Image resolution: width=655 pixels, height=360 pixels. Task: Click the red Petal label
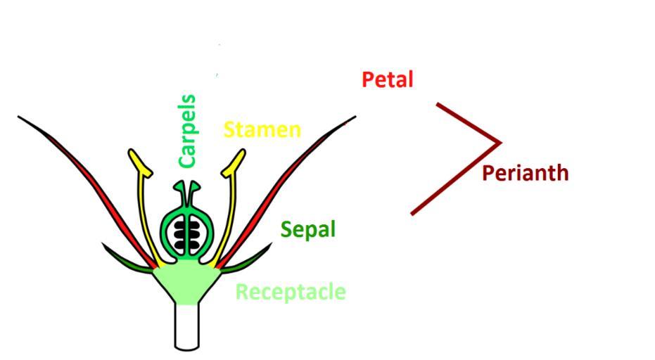(387, 79)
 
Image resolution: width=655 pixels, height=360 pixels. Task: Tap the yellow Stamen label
(262, 130)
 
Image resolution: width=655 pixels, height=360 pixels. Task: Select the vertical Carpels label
(187, 131)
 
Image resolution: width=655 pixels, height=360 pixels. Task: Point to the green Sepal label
(307, 229)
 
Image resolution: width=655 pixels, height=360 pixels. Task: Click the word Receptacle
(290, 292)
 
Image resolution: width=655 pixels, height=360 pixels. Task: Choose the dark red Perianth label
(525, 173)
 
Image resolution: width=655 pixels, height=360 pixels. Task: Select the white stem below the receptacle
(186, 327)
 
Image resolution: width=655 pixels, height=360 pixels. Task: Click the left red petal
(106, 197)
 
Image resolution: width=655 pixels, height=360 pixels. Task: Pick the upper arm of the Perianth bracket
(468, 123)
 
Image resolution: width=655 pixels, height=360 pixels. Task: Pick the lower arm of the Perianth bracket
(454, 179)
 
